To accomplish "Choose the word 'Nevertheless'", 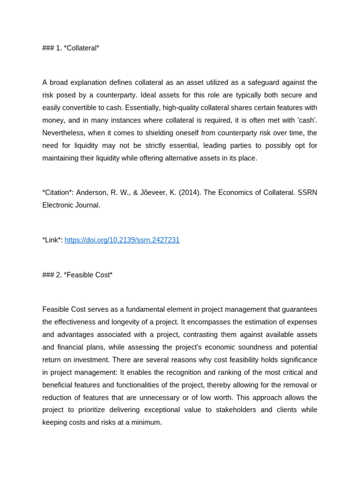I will pos(63,133).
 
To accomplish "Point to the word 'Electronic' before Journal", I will pos(58,205).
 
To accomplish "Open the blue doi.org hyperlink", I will pos(122,240).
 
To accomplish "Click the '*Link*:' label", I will pos(52,240).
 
